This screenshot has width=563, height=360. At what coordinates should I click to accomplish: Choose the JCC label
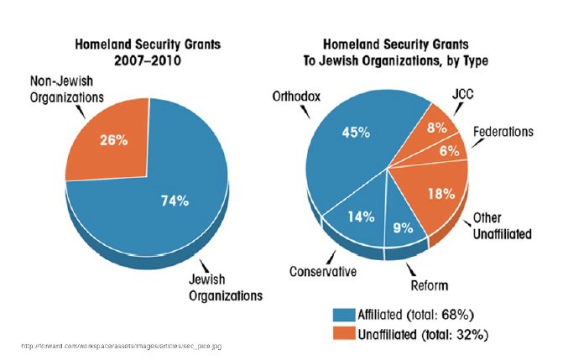coord(461,95)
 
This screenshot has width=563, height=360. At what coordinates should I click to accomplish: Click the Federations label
coord(504,132)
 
